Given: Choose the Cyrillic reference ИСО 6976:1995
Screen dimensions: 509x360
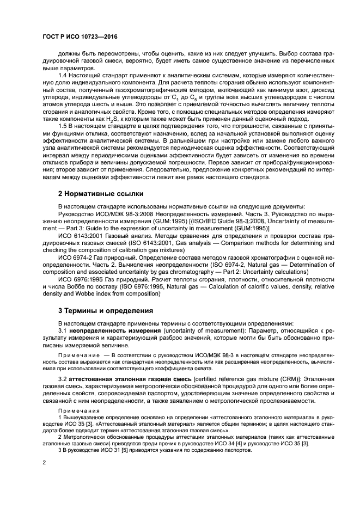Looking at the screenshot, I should point(83,279).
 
